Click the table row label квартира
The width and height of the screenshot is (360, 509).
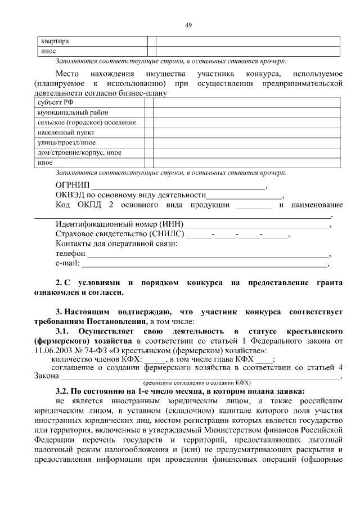tap(54, 42)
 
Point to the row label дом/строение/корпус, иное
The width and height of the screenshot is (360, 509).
tap(79, 152)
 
